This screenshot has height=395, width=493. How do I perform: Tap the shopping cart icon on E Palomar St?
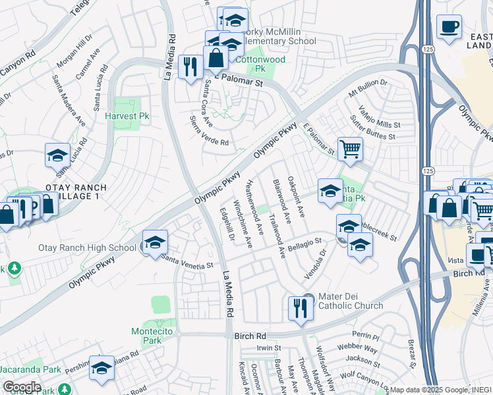click(x=349, y=147)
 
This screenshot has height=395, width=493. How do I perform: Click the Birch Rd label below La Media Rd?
click(x=249, y=336)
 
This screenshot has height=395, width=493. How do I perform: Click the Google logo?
click(x=22, y=387)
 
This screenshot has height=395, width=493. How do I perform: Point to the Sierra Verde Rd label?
click(x=209, y=132)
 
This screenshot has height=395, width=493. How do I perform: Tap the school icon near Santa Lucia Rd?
click(x=57, y=155)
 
